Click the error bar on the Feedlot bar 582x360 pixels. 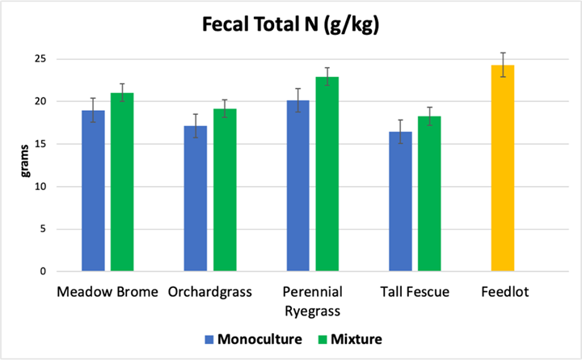coord(503,65)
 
